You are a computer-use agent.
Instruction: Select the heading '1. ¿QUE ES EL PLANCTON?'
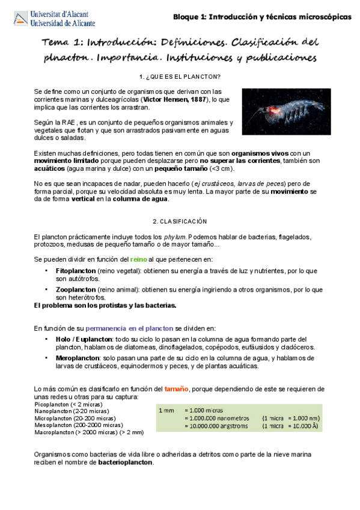(179, 77)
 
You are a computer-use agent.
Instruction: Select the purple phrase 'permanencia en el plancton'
(126, 329)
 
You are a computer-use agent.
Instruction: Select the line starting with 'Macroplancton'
(89, 432)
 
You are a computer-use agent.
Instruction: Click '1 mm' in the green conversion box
(166, 410)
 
